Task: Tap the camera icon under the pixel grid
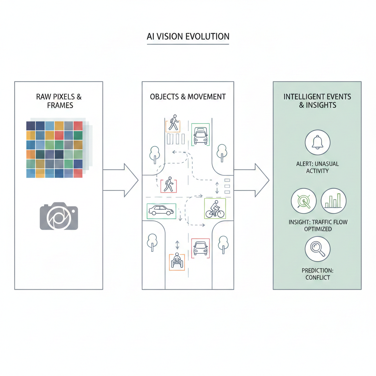(59, 216)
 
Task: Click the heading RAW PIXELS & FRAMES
(59, 101)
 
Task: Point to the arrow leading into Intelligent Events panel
(252, 180)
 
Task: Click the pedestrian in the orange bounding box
(173, 123)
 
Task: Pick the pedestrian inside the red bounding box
(169, 184)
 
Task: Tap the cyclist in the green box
(214, 209)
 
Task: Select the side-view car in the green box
(160, 210)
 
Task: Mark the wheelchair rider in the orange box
(177, 261)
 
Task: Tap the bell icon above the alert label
(318, 142)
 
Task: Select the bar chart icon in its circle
(334, 201)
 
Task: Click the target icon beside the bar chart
(304, 201)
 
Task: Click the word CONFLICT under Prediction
(318, 278)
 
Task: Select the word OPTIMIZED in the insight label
(318, 229)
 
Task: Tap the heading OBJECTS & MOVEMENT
(188, 97)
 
